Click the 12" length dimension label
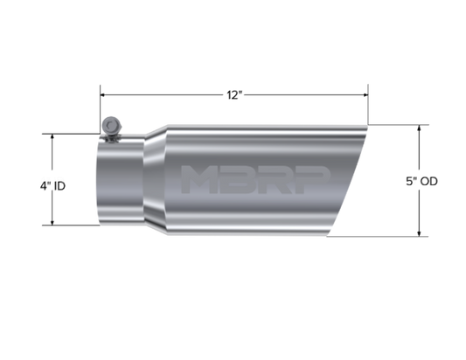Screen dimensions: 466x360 tap(235, 95)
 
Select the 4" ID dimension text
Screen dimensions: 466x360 tap(53, 186)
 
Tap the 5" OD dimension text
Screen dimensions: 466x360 tap(421, 181)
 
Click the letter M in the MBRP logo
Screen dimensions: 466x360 tap(198, 179)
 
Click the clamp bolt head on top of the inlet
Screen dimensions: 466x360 tap(111, 126)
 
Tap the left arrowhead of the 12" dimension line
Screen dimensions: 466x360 tap(103, 95)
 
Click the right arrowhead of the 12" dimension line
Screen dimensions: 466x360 tap(365, 95)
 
